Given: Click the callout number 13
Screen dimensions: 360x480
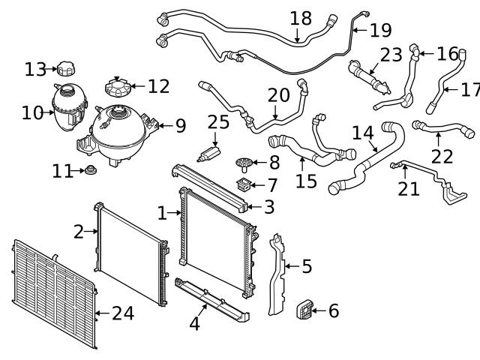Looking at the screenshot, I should (34, 70).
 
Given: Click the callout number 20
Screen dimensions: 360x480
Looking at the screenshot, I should (278, 95).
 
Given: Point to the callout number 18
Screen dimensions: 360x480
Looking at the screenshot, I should (301, 17).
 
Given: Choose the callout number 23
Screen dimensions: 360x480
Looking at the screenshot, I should (391, 55).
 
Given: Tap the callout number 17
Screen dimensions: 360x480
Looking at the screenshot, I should (470, 90).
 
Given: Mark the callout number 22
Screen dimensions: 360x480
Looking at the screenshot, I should (442, 156).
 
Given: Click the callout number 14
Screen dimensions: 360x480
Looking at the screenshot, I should (363, 133).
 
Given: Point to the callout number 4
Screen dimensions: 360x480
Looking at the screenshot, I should (194, 324).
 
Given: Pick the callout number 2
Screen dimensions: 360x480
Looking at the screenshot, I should (79, 232).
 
